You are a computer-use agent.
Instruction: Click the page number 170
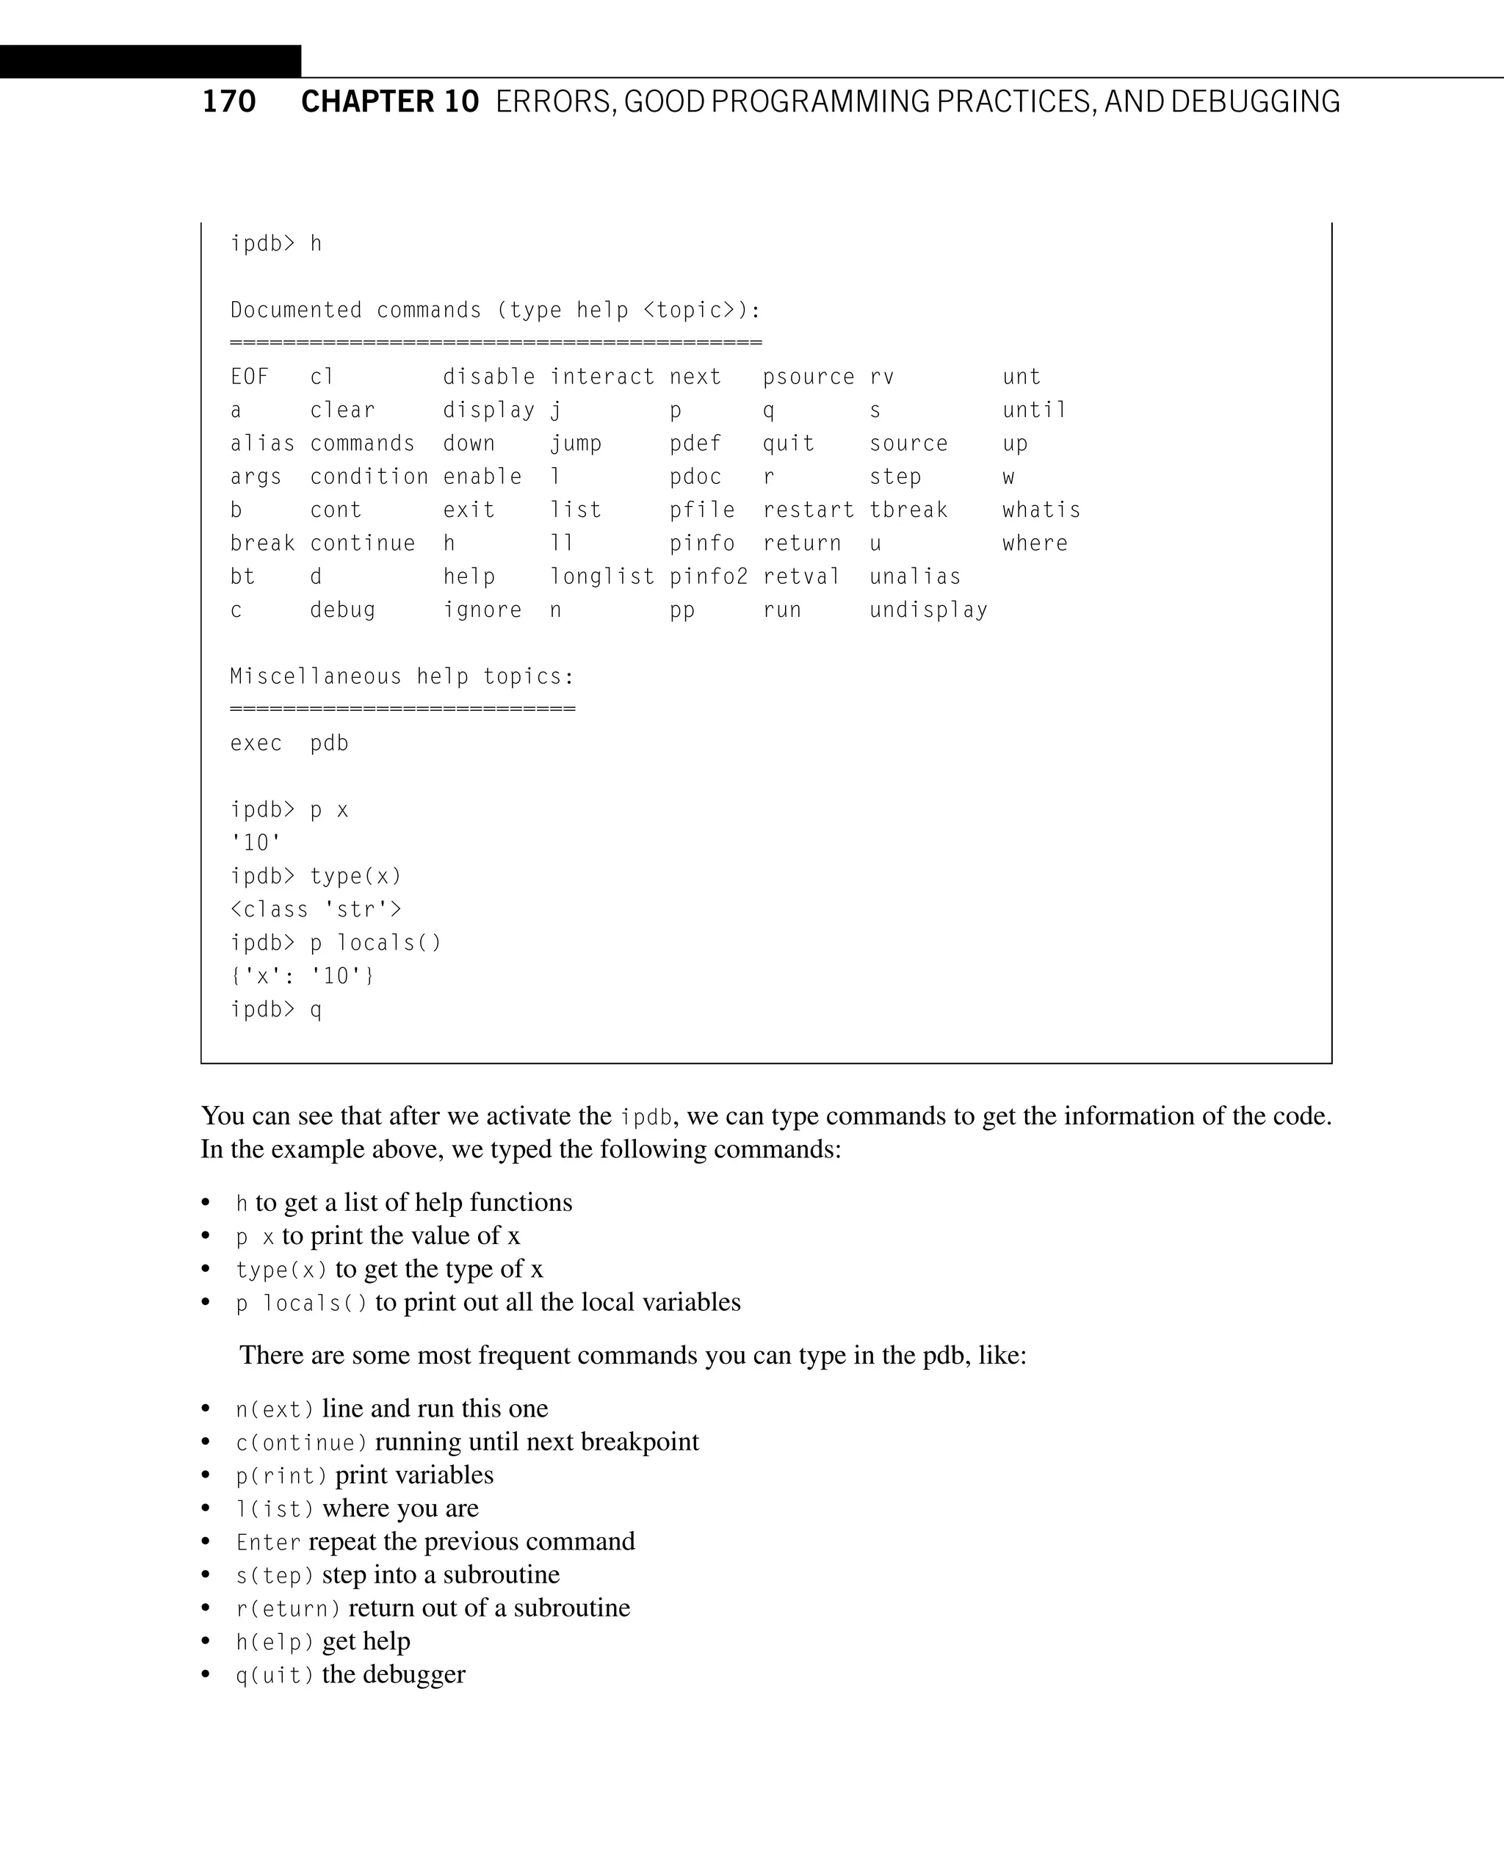(228, 102)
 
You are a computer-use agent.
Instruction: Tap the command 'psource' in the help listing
(809, 377)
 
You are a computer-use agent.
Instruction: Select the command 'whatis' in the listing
(1041, 510)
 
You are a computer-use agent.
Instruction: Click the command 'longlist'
(602, 577)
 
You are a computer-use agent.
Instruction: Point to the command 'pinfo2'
(709, 577)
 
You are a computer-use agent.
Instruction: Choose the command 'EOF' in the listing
(250, 377)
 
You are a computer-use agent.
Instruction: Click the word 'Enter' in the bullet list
(269, 1542)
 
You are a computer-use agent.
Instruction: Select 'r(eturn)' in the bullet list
(289, 1609)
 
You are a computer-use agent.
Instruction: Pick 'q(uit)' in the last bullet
(275, 1676)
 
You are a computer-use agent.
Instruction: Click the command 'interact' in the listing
(602, 377)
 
